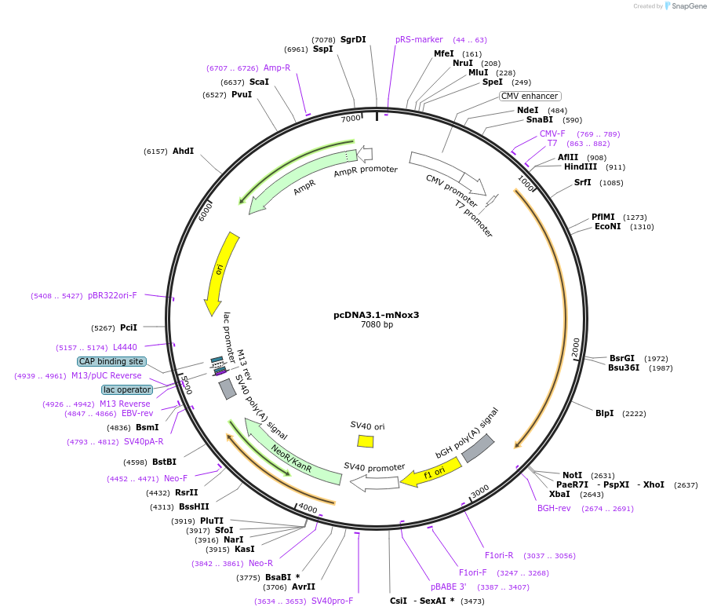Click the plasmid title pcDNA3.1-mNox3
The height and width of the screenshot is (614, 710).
pos(377,315)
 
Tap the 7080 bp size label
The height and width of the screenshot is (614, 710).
pos(377,325)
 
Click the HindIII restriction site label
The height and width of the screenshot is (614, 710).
pos(580,166)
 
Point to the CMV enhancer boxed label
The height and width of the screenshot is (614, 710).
pos(530,96)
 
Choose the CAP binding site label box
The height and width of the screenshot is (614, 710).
pos(111,361)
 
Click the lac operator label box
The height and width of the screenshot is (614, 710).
pos(127,389)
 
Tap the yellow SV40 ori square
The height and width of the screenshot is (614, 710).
pos(365,441)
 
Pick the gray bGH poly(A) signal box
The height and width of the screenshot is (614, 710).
pos(478,448)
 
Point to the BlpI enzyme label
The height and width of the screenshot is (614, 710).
pos(604,413)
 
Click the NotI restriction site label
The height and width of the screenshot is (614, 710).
pos(573,475)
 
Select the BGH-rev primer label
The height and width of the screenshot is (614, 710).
pos(554,508)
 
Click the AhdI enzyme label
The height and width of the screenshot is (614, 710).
pos(183,151)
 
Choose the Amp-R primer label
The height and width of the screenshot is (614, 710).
pos(277,68)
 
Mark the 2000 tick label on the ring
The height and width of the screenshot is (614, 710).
pos(577,347)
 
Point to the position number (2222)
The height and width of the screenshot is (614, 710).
pos(634,413)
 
